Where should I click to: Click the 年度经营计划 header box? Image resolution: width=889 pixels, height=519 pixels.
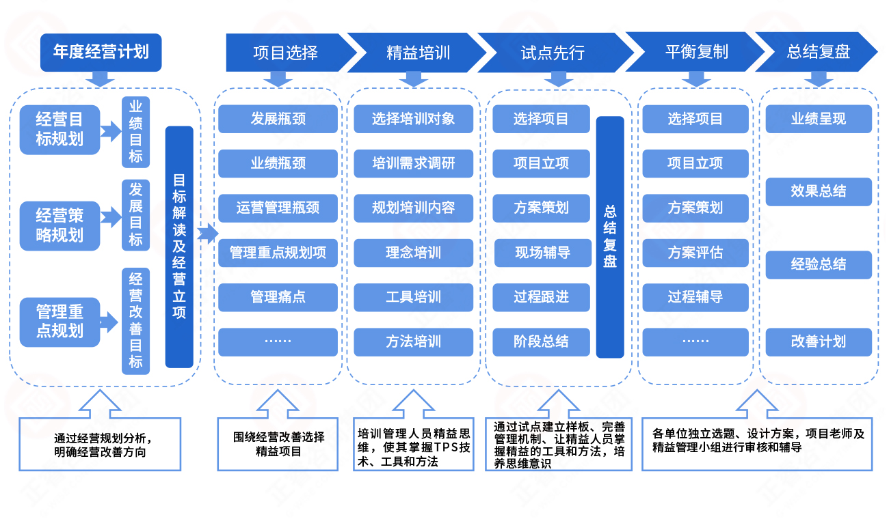[x=101, y=53]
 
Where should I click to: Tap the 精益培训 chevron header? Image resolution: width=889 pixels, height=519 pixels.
[x=418, y=53]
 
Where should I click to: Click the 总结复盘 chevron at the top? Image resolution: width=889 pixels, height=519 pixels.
[x=819, y=53]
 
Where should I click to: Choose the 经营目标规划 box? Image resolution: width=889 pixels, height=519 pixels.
[x=59, y=130]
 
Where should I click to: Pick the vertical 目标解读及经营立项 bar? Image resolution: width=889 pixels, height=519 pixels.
[x=179, y=247]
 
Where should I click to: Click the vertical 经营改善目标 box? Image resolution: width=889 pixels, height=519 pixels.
[x=135, y=320]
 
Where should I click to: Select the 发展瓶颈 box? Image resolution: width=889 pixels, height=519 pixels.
[x=278, y=119]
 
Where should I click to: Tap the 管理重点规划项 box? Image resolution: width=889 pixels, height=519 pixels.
[x=278, y=253]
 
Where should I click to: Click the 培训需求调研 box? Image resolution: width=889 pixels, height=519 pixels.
[x=413, y=163]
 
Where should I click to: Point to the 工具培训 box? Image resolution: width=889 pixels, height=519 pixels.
[x=413, y=297]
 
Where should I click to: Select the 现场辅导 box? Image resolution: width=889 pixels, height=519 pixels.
[x=542, y=253]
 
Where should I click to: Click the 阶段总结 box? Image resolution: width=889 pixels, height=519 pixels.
[x=541, y=341]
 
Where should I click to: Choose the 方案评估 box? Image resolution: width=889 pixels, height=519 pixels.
[x=695, y=253]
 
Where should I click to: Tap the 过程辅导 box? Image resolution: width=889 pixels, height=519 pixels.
[x=695, y=297]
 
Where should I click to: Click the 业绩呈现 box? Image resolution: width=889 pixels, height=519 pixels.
[x=818, y=119]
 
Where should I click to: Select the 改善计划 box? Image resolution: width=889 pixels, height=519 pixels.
[x=818, y=341]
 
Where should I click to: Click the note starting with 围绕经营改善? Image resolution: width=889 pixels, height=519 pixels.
[x=278, y=444]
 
